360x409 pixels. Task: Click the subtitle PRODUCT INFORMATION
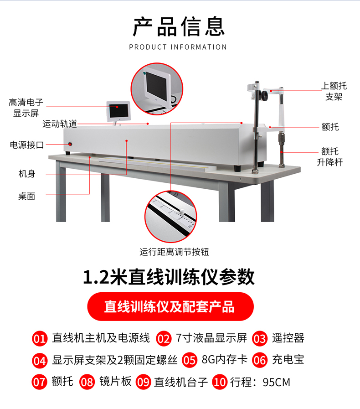pos(178,47)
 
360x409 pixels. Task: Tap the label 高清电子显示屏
pos(26,108)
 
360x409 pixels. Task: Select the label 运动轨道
pos(60,124)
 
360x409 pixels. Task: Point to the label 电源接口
pos(27,145)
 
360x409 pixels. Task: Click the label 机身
pos(27,173)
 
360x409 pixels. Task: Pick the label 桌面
pos(26,196)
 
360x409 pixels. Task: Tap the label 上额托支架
pos(334,91)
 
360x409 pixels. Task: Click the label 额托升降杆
pos(330,156)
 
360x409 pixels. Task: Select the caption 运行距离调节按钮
pos(174,252)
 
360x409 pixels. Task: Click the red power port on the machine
pos(70,144)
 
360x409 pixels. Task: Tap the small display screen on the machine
pos(118,111)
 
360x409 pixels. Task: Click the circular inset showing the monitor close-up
pos(157,89)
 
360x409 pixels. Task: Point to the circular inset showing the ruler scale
pos(171,217)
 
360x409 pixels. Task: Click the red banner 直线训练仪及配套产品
pos(170,307)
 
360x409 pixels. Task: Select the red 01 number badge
pos(40,339)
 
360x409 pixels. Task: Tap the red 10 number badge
pos(220,383)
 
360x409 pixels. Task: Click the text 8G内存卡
pos(225,360)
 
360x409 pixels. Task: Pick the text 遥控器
pos(288,338)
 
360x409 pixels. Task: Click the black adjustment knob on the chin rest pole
pos(265,95)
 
